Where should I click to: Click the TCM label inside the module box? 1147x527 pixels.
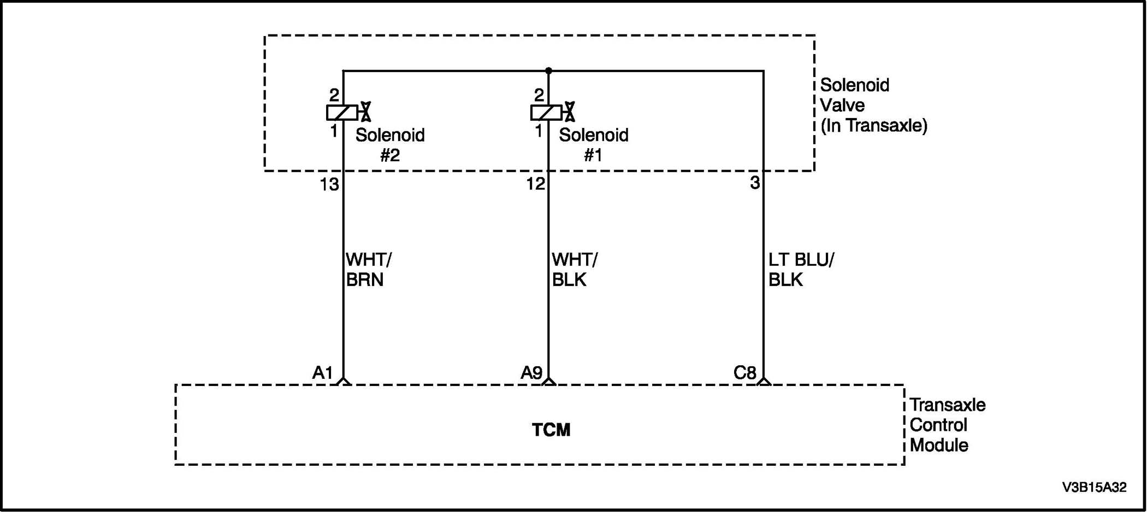(551, 430)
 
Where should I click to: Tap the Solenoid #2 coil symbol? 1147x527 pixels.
(342, 113)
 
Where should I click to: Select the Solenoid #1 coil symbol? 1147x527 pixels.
(546, 113)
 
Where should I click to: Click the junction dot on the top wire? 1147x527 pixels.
(548, 71)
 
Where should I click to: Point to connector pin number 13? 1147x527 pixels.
(329, 185)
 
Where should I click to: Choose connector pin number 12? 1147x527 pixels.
(535, 184)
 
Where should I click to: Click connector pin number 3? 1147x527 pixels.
(755, 183)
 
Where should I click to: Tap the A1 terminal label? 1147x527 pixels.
(322, 373)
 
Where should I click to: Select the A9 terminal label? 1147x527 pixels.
(531, 373)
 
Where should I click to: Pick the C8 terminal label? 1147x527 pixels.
(744, 373)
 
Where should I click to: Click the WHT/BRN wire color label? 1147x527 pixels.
(369, 270)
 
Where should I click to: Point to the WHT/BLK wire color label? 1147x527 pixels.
(575, 270)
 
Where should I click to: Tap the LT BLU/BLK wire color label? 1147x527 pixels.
(801, 270)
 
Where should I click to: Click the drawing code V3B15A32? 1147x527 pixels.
(1094, 488)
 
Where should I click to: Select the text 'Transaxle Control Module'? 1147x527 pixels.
(947, 425)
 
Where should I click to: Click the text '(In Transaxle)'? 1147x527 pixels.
(873, 126)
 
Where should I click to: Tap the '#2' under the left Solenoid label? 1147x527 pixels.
(390, 156)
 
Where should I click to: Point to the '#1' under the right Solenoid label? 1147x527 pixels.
(593, 156)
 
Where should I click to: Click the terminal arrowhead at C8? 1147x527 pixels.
(764, 381)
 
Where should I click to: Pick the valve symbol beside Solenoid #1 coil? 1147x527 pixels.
(569, 112)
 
